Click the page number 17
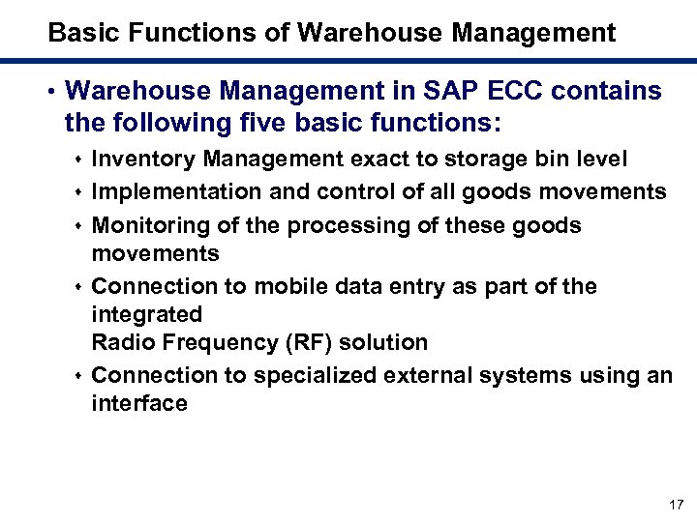676,505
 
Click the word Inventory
139,158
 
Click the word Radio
120,342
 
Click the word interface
139,402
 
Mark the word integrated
146,314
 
